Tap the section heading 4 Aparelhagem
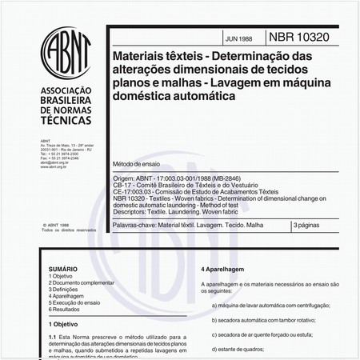coord(230,270)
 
